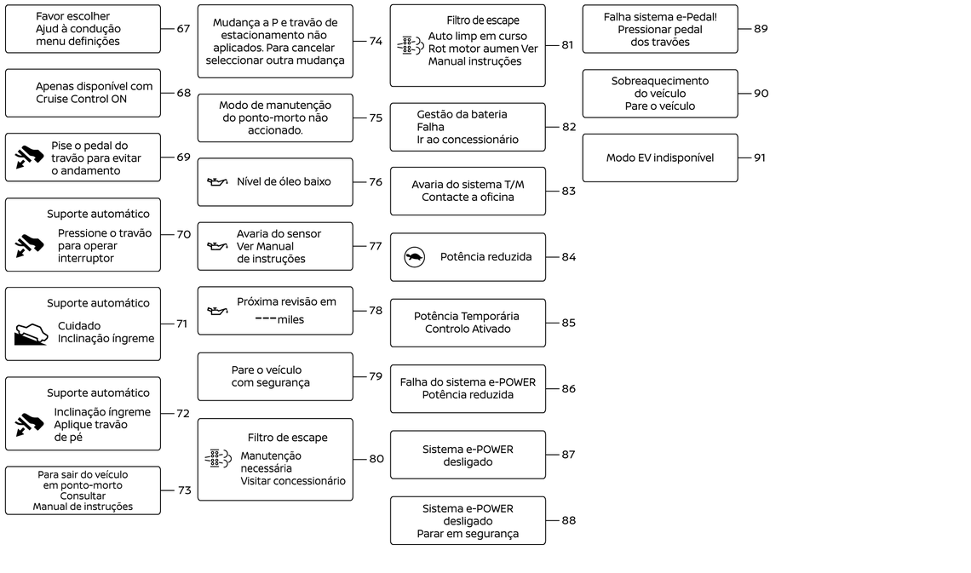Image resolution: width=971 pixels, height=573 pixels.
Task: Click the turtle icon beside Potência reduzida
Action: coord(414,257)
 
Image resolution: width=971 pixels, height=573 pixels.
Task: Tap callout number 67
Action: coord(183,28)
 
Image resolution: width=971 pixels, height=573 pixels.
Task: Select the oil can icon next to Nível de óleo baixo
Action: coord(217,182)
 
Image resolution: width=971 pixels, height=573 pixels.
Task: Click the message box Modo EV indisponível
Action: coord(660,158)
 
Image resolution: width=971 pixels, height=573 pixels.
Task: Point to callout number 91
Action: coord(760,158)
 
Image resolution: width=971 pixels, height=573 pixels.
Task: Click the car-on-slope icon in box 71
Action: coord(31,334)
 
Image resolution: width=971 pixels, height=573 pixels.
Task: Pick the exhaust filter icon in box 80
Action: coord(218,459)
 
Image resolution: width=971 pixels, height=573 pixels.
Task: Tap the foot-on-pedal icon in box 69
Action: coord(29,158)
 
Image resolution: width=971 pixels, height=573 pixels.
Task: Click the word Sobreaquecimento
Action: coord(660,81)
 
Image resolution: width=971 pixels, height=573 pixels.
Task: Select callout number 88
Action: coord(568,520)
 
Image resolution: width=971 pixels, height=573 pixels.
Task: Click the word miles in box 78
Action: coord(290,320)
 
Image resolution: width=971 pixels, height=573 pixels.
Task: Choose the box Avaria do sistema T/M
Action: coord(468,192)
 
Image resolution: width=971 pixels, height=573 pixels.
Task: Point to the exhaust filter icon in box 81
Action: coord(411,45)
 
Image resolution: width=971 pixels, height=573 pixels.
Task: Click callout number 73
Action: coord(185,490)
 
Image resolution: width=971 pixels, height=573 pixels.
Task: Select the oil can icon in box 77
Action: coord(217,246)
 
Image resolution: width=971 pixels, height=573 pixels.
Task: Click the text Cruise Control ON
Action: coord(81,99)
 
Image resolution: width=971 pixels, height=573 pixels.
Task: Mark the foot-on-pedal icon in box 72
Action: coord(29,424)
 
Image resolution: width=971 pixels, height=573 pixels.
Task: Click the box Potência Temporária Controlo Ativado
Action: coord(468,323)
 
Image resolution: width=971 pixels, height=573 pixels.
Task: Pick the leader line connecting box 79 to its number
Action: coord(360,376)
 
